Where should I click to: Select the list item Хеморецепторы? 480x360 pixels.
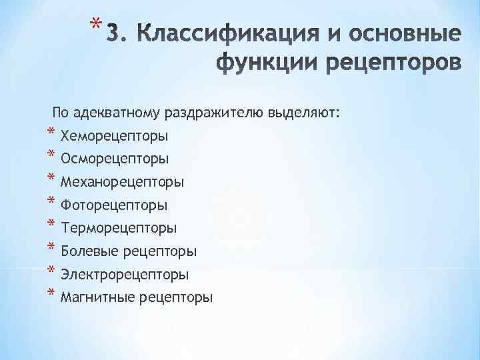114,137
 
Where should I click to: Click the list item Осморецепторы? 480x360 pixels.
114,159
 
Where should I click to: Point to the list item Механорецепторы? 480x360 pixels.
122,182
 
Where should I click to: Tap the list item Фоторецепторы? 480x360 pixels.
113,205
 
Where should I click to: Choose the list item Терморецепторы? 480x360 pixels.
118,229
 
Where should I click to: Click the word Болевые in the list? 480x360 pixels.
87,251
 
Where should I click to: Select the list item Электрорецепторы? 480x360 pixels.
124,275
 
